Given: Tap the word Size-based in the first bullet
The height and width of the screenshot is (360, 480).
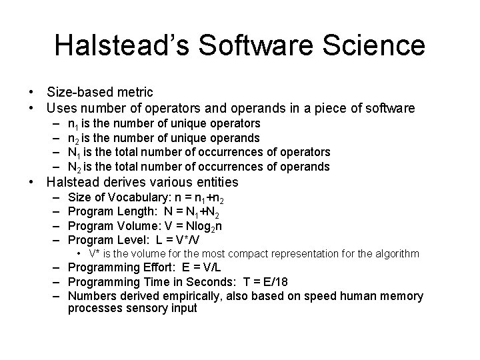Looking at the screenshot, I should [74, 92].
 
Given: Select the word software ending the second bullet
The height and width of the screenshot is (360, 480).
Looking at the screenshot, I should [389, 108].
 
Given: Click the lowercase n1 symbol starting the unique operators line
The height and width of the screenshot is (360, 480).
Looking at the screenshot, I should [73, 124].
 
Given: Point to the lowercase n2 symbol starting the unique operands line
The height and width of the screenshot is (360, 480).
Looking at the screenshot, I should [73, 138].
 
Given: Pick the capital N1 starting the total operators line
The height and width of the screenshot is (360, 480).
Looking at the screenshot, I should [75, 152].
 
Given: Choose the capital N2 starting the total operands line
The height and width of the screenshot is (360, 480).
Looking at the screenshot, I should [75, 167].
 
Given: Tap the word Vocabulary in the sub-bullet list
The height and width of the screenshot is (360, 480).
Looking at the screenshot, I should [131, 197].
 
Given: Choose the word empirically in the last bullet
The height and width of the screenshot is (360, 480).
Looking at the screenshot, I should [183, 295].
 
